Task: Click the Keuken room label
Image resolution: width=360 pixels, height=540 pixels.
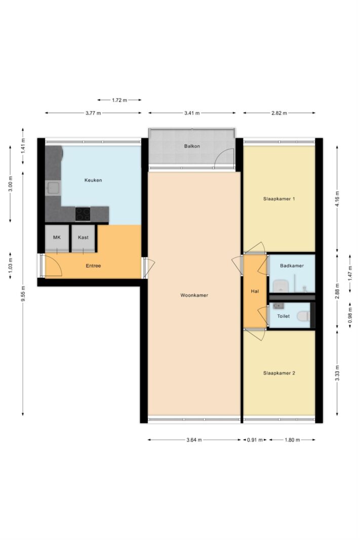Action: [x=93, y=180]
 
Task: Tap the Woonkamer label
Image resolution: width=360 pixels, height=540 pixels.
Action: [x=194, y=295]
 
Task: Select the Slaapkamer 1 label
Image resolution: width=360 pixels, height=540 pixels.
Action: [x=279, y=199]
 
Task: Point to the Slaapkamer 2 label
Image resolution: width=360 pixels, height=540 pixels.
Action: [x=279, y=373]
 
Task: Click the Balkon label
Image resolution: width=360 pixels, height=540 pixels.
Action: [x=192, y=146]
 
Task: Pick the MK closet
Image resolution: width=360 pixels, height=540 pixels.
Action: [x=57, y=238]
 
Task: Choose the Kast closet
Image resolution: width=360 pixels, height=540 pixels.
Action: [x=83, y=238]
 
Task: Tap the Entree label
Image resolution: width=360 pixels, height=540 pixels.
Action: [x=93, y=266]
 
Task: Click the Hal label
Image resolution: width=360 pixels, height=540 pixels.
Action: [x=255, y=292]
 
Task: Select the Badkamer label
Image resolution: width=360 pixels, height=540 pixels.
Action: [x=292, y=266]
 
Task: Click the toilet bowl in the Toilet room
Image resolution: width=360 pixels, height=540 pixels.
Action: [x=304, y=316]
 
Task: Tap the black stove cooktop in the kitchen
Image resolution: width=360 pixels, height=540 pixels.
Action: [x=83, y=214]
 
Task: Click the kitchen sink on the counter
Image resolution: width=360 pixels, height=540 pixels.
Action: [x=53, y=188]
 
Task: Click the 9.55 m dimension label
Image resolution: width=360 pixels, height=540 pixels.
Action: [x=23, y=294]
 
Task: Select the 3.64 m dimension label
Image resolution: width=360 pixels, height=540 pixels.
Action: [x=194, y=440]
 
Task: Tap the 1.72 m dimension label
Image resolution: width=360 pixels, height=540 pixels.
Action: [x=119, y=100]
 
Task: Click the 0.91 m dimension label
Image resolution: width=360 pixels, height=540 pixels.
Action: [x=255, y=440]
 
